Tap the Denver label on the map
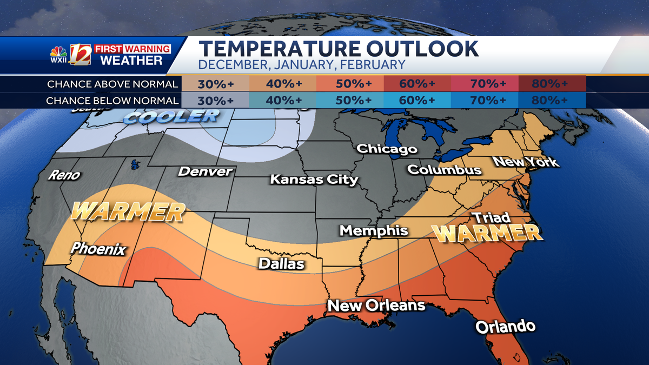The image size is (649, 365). point(205,172)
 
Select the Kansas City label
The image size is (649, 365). point(314,179)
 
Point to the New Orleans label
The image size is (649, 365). point(376,306)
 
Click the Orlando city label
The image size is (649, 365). point(505,327)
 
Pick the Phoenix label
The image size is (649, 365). point(98,249)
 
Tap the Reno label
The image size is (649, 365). point(64,175)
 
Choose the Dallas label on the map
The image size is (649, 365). point(281,264)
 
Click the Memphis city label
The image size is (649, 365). point(373,231)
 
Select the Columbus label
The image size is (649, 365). point(444,170)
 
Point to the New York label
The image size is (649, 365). point(525,162)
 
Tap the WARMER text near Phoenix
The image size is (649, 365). point(128,211)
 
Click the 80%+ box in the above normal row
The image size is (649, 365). point(552,84)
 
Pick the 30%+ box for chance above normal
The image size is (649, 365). point(215,84)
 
